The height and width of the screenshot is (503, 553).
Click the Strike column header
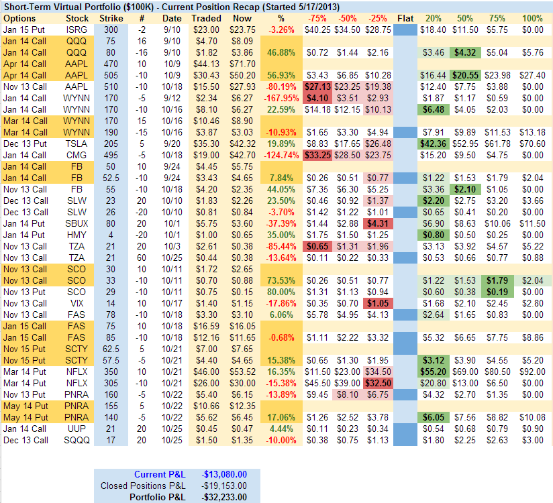[111, 18]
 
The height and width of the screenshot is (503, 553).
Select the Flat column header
[405, 18]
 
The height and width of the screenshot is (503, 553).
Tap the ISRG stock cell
[77, 30]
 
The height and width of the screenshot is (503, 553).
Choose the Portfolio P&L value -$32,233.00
[225, 496]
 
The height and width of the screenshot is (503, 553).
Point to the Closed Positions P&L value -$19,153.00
[225, 486]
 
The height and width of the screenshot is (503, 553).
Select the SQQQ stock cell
[77, 440]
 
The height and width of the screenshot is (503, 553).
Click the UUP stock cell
[77, 429]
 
